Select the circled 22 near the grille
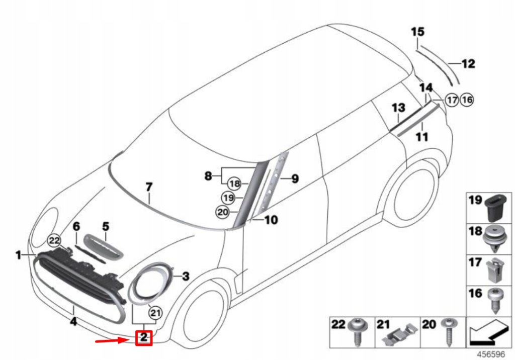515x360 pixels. pyautogui.click(x=54, y=241)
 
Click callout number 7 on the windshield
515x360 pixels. pyautogui.click(x=149, y=187)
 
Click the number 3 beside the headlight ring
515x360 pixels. pyautogui.click(x=185, y=276)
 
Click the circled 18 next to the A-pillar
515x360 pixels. pyautogui.click(x=235, y=184)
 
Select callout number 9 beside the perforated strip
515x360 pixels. pyautogui.click(x=295, y=178)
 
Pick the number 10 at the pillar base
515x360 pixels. pyautogui.click(x=271, y=220)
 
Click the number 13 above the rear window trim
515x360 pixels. pyautogui.click(x=398, y=108)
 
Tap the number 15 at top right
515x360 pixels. pyautogui.click(x=417, y=32)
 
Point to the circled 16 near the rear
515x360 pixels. pyautogui.click(x=467, y=100)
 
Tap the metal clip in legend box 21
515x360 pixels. pyautogui.click(x=399, y=333)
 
